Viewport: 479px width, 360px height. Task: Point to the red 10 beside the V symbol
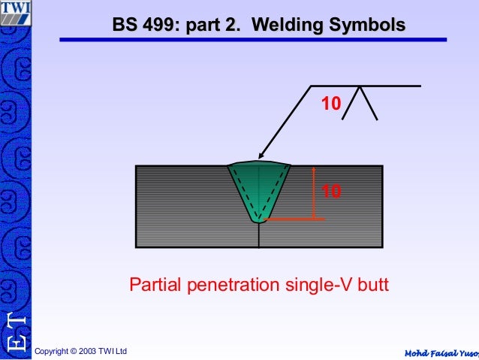(331, 104)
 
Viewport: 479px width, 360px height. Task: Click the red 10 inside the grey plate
(331, 192)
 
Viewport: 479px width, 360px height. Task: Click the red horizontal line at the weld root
(296, 219)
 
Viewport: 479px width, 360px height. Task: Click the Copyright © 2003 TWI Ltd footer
(81, 352)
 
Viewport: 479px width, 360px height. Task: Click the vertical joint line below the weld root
(258, 234)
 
